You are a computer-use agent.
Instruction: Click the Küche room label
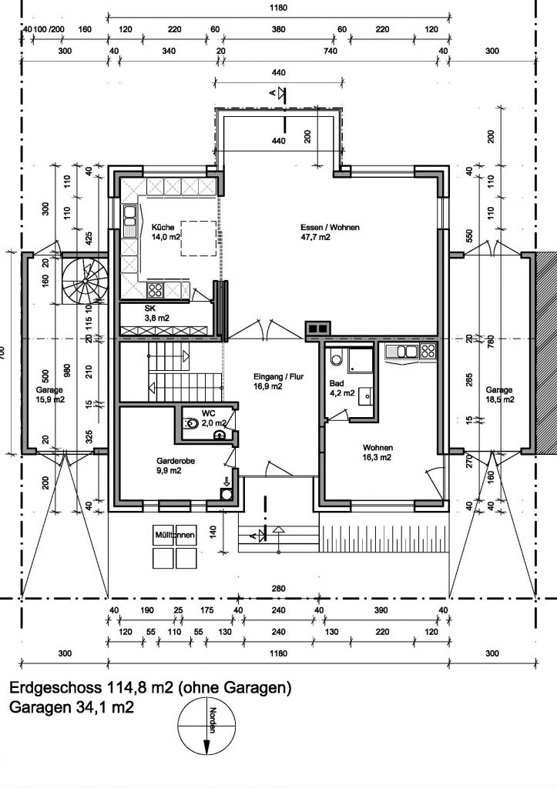(x=163, y=227)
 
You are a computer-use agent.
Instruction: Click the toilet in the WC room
(x=191, y=423)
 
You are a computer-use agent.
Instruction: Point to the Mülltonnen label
(x=175, y=535)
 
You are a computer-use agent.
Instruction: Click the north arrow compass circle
(x=206, y=727)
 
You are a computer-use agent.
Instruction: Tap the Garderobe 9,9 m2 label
(x=176, y=466)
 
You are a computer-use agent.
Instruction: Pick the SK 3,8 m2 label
(x=156, y=313)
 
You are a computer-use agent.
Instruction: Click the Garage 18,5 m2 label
(x=500, y=395)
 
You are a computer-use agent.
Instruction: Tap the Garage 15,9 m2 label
(x=50, y=395)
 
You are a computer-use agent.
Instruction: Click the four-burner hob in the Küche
(x=155, y=289)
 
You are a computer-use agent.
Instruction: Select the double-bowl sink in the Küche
(x=130, y=221)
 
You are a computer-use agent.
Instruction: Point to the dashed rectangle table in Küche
(x=199, y=239)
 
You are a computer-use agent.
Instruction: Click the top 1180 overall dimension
(x=278, y=8)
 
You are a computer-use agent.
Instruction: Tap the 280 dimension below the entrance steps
(x=278, y=589)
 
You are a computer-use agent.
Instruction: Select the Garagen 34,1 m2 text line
(x=72, y=707)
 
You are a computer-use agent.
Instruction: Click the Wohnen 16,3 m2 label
(x=377, y=452)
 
